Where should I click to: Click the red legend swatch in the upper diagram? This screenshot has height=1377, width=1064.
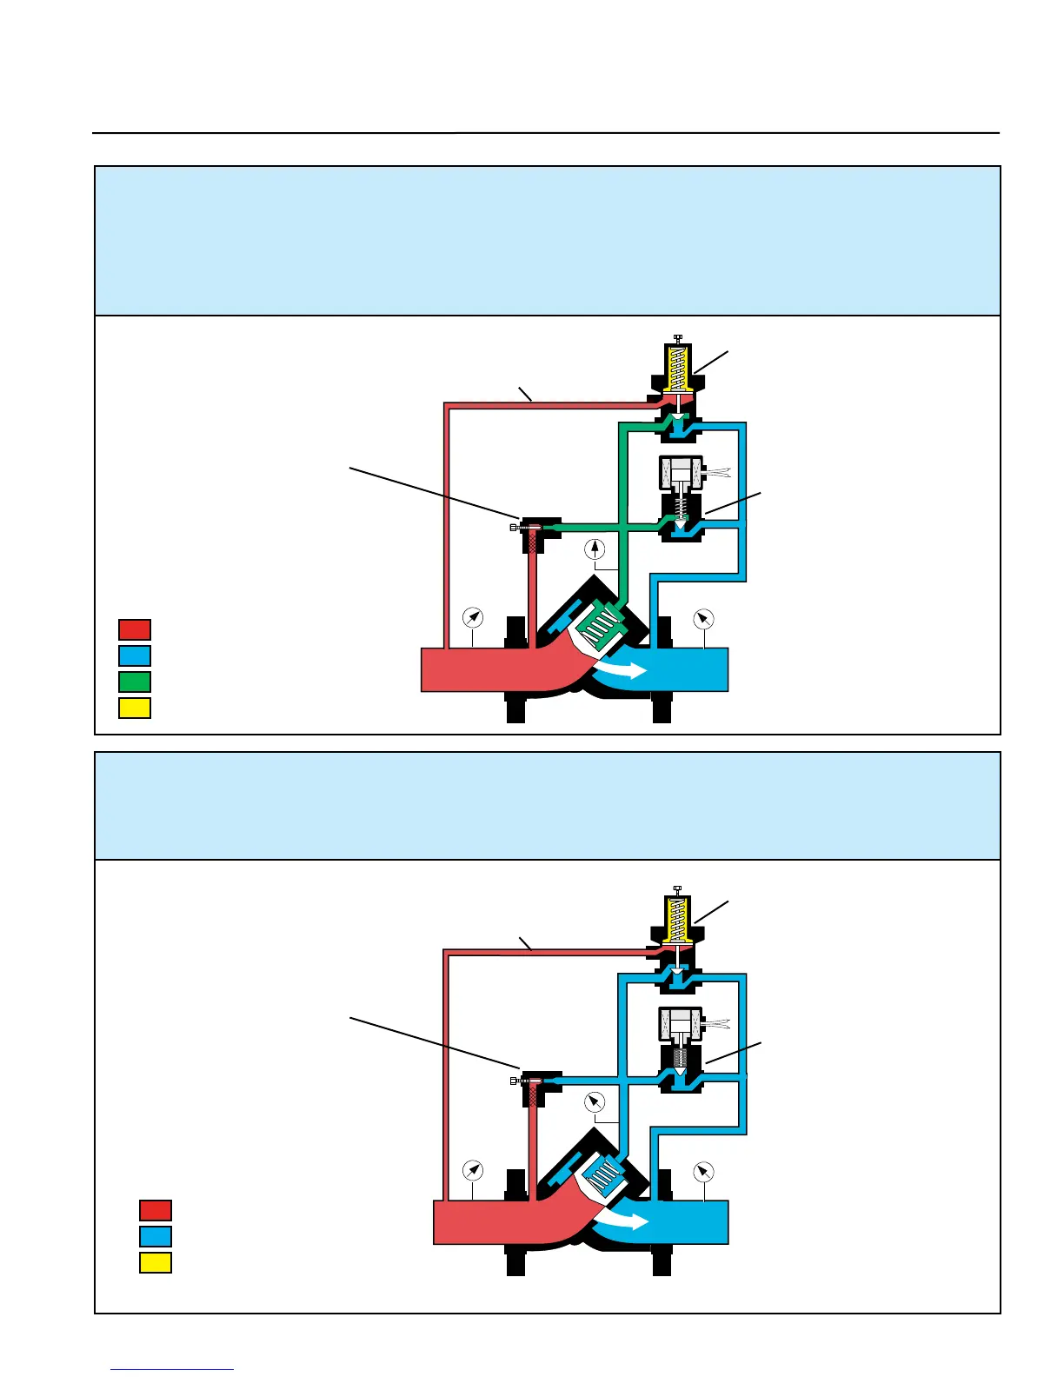point(135,629)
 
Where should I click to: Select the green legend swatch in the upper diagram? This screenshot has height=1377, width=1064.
point(135,682)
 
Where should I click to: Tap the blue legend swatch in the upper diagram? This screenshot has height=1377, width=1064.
point(135,655)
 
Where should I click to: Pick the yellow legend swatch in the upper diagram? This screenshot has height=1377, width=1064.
point(135,708)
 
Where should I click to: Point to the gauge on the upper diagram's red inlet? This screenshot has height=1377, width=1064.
point(472,617)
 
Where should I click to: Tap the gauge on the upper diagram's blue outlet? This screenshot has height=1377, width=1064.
point(703,619)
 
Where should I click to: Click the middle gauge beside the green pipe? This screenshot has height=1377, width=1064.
point(595,549)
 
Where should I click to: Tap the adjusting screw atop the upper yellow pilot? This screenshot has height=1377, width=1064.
point(677,337)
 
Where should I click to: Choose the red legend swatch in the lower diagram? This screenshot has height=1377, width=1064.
point(156,1210)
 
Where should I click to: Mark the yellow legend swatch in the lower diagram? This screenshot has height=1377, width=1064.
point(156,1262)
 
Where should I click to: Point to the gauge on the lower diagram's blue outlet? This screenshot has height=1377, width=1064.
point(703,1172)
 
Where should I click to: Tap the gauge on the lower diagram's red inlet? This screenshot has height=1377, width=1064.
point(472,1171)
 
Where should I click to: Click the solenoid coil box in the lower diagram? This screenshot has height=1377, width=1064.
point(681,1023)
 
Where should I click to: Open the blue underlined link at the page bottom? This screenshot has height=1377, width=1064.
point(172,1369)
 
